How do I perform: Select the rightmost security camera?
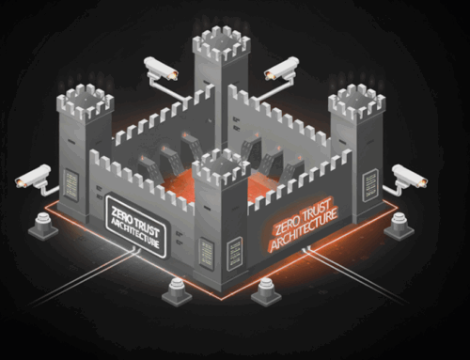tap(410, 176)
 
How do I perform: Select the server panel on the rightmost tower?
tap(373, 181)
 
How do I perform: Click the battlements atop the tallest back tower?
tap(221, 43)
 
